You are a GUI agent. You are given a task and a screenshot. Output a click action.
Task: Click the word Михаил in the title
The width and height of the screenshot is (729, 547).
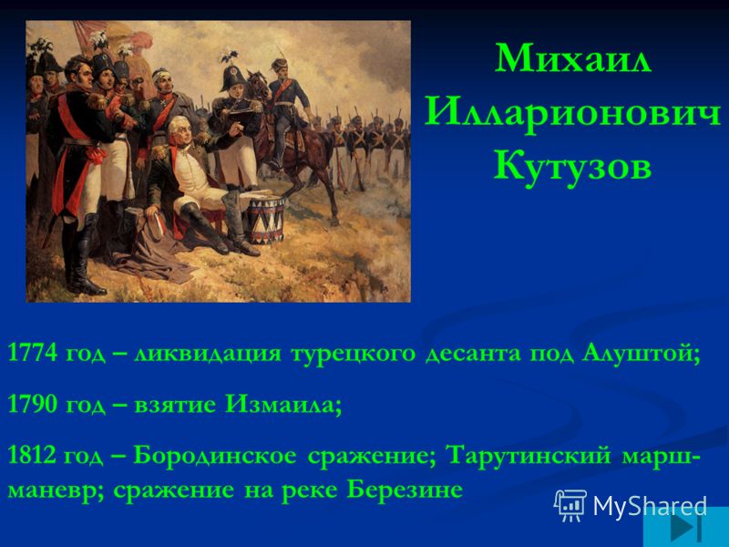tap(572, 58)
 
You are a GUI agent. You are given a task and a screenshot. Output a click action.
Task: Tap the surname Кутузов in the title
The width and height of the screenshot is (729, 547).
tap(572, 167)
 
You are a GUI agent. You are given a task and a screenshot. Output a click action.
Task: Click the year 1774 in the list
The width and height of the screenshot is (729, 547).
tap(33, 352)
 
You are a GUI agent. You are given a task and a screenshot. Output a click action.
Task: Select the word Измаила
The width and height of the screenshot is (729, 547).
tap(283, 404)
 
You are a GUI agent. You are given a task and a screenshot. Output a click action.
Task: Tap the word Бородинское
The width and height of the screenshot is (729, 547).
tap(214, 456)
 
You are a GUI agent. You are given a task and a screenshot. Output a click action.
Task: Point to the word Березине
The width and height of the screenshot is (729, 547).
tap(405, 490)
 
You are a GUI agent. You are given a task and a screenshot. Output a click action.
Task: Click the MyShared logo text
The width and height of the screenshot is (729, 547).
tap(650, 505)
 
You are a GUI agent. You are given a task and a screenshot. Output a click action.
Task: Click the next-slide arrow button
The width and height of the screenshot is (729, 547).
tap(686, 528)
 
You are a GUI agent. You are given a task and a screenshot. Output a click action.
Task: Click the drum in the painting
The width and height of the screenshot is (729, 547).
tap(266, 220)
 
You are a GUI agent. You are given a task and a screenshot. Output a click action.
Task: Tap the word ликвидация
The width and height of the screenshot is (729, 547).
tap(209, 354)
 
